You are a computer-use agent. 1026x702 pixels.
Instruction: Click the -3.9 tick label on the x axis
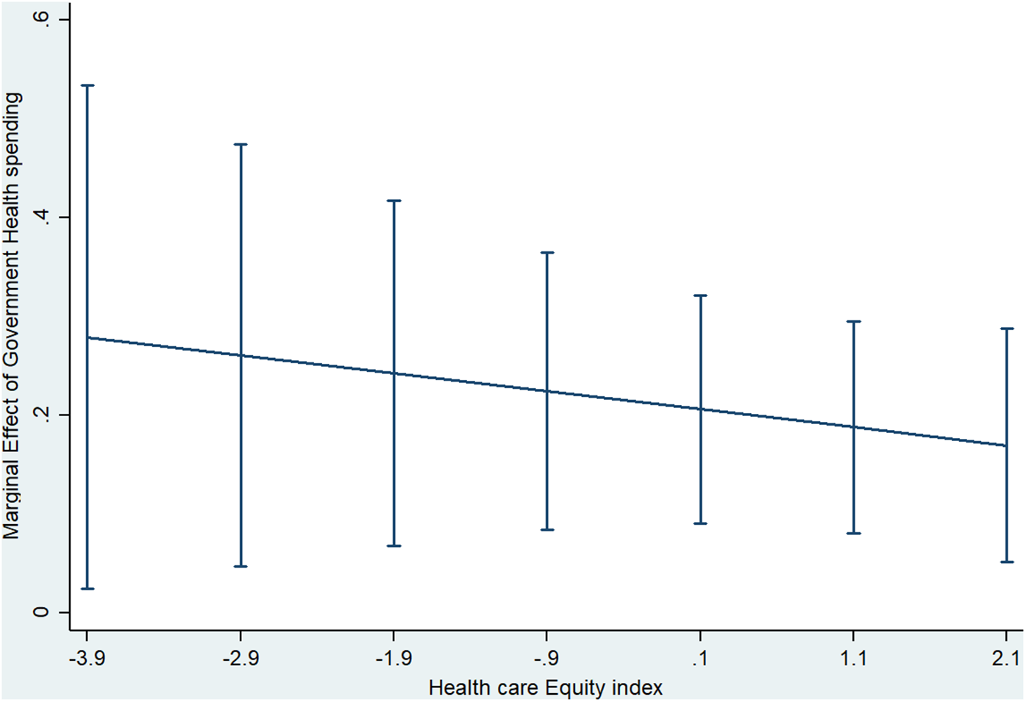pyautogui.click(x=87, y=659)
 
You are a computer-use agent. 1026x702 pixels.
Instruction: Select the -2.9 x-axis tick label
pyautogui.click(x=241, y=659)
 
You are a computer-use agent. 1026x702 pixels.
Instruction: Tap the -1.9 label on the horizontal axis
pyautogui.click(x=393, y=659)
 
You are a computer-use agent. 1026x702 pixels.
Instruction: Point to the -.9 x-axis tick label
pyautogui.click(x=546, y=659)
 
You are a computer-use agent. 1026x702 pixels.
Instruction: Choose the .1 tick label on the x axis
pyautogui.click(x=700, y=659)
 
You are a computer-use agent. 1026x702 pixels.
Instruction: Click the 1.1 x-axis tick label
pyautogui.click(x=853, y=659)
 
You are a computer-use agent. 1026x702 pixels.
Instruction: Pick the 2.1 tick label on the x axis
pyautogui.click(x=1006, y=659)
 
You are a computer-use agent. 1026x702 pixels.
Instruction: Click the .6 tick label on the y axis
pyautogui.click(x=42, y=20)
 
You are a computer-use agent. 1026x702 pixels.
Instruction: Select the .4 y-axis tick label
pyautogui.click(x=42, y=217)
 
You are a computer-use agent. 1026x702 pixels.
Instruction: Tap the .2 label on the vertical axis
pyautogui.click(x=42, y=415)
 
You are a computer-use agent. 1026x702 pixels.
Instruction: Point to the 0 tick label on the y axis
pyautogui.click(x=42, y=612)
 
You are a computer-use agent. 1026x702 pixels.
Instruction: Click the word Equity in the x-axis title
pyautogui.click(x=571, y=688)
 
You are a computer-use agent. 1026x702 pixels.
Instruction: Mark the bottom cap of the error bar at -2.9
pyautogui.click(x=241, y=567)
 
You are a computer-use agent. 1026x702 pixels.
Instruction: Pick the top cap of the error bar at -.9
pyautogui.click(x=547, y=252)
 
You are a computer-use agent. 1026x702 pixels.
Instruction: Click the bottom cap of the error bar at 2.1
pyautogui.click(x=1006, y=562)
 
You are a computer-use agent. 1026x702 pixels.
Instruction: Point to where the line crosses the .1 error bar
pyautogui.click(x=700, y=409)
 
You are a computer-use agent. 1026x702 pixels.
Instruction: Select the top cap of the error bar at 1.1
pyautogui.click(x=853, y=321)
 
